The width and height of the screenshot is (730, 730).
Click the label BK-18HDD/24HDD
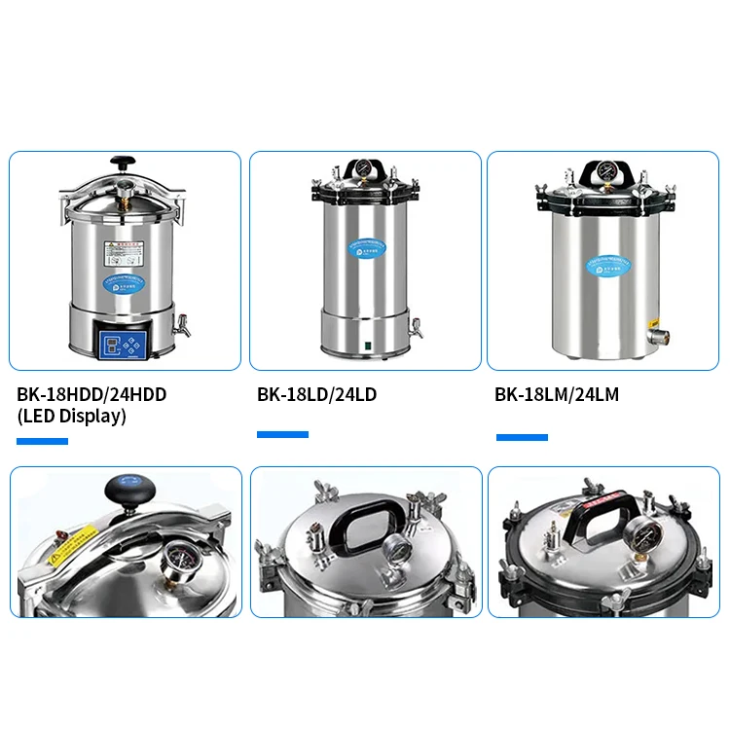[x=91, y=395]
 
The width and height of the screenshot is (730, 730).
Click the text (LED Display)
[x=71, y=417]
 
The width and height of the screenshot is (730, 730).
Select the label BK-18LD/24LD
[x=316, y=395]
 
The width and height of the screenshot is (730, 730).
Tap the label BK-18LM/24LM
[x=556, y=395]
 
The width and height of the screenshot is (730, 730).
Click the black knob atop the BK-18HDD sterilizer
[x=122, y=162]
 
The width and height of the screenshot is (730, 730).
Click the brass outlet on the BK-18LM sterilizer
[x=657, y=336]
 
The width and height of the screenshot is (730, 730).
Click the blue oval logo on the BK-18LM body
[x=608, y=263]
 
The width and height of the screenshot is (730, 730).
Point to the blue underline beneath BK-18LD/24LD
[x=282, y=434]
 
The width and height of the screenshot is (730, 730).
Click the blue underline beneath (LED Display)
[x=42, y=441]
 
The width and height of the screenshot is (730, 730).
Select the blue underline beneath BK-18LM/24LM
[x=522, y=437]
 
